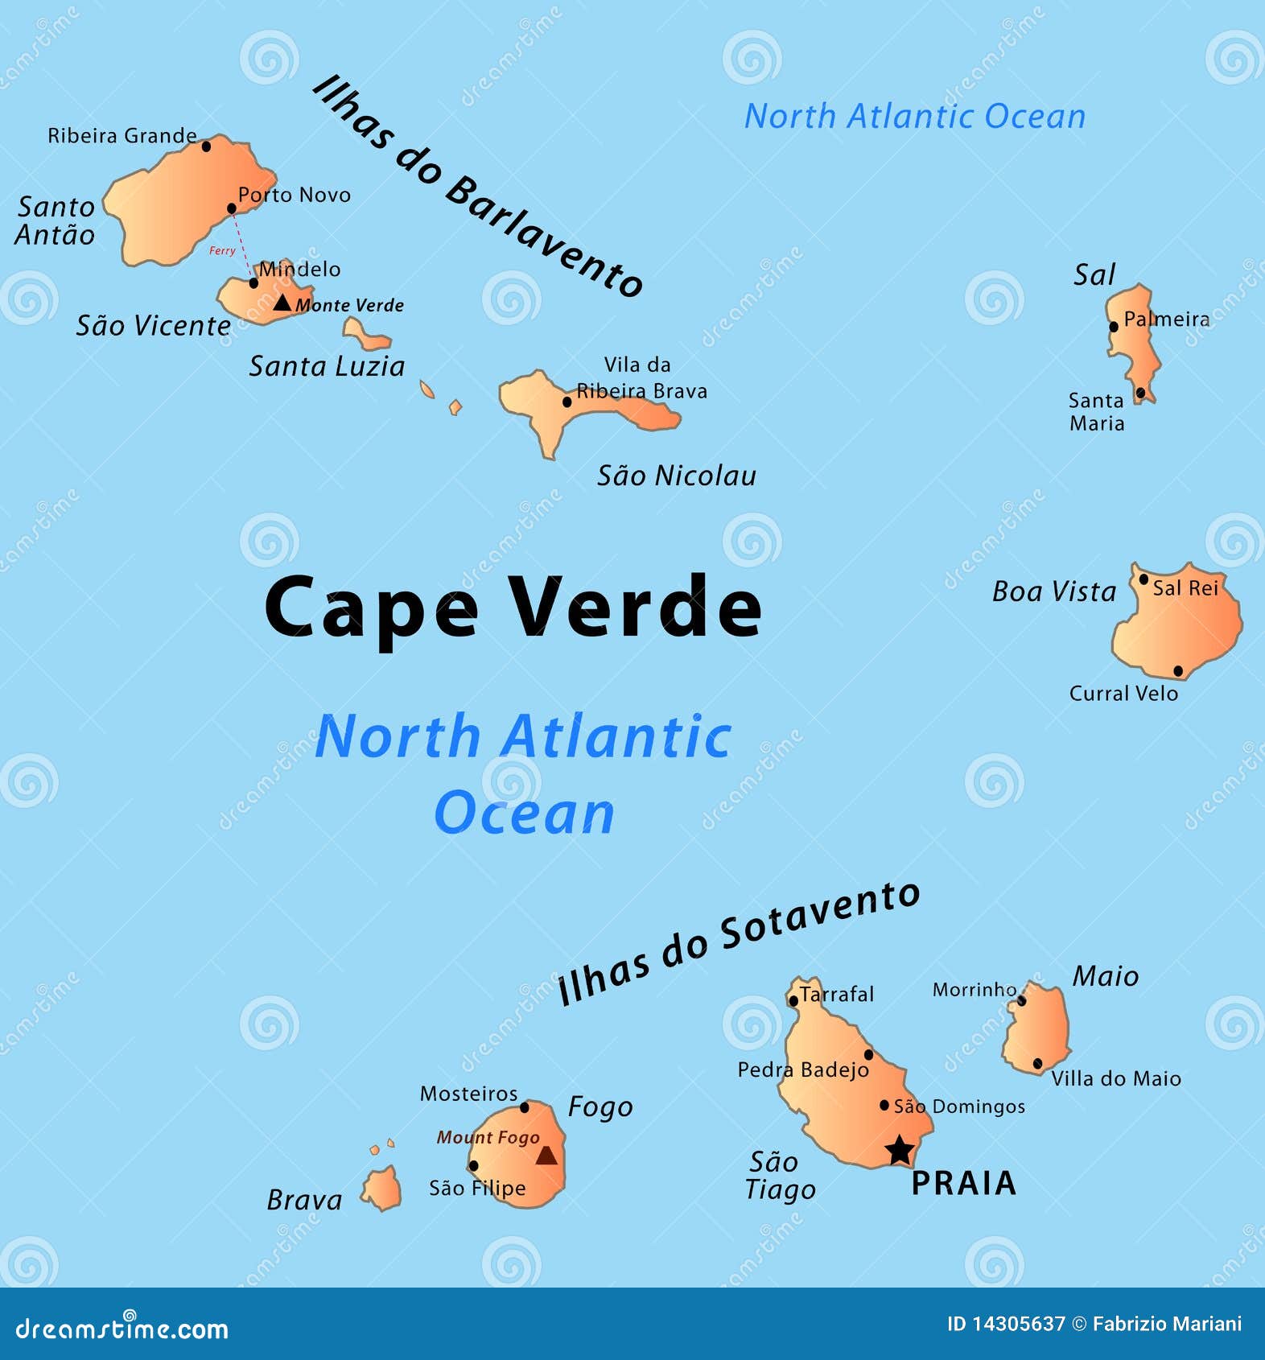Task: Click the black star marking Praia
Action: (x=900, y=1150)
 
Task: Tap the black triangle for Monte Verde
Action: (x=282, y=303)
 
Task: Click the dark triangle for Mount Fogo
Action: (x=546, y=1156)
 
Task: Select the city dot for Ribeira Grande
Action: (x=206, y=146)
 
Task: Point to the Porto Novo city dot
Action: (x=232, y=208)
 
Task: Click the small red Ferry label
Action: (x=222, y=251)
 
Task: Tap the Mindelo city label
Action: (x=299, y=269)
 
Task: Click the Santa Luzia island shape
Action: (x=366, y=335)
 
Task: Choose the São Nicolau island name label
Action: (x=676, y=476)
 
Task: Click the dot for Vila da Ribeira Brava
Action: (x=567, y=402)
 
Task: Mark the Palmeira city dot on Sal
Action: (x=1114, y=327)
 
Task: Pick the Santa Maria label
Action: (x=1096, y=411)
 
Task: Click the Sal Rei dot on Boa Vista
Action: (x=1143, y=579)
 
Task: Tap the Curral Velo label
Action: (x=1123, y=693)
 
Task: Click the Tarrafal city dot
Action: (x=793, y=1001)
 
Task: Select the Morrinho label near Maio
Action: (x=974, y=989)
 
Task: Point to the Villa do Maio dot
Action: (x=1037, y=1063)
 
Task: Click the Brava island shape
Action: (x=382, y=1189)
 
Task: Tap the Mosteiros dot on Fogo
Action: (x=525, y=1107)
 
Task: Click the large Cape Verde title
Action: (x=513, y=608)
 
